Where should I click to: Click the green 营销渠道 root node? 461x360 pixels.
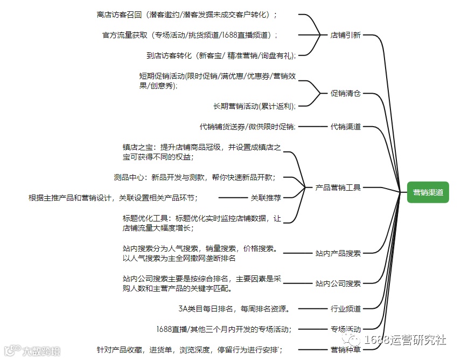tap(428, 192)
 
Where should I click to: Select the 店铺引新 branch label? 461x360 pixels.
tap(345, 35)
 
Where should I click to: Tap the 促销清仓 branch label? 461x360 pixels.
tap(345, 93)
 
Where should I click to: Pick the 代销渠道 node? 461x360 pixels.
tap(345, 127)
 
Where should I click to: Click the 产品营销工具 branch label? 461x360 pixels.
tap(338, 188)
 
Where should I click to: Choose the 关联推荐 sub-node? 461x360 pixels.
tap(266, 197)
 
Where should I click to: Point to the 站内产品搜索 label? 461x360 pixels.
tap(338, 253)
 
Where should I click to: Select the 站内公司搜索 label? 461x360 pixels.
tap(338, 283)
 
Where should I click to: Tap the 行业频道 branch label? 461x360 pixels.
tap(345, 309)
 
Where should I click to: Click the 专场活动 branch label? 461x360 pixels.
tap(345, 329)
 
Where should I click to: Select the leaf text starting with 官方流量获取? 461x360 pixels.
tap(190, 35)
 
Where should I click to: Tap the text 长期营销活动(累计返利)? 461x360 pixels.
tap(254, 106)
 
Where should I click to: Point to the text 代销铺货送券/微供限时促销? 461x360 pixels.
tap(247, 127)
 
